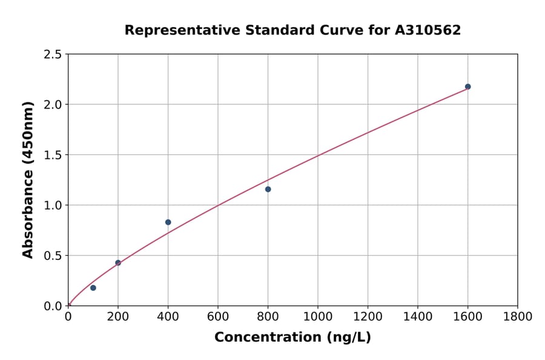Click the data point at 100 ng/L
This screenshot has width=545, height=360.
click(x=93, y=288)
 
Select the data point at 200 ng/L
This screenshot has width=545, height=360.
click(x=118, y=263)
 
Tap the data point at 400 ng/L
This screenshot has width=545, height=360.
click(x=168, y=222)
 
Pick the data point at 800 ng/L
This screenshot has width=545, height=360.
click(x=268, y=189)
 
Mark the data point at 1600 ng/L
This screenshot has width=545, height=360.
click(x=467, y=87)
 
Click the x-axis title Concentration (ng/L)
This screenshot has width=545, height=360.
click(x=292, y=338)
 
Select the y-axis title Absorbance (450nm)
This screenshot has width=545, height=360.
click(x=28, y=179)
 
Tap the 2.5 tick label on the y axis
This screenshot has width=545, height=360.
click(x=53, y=55)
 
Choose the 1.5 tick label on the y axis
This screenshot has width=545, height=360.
click(x=53, y=155)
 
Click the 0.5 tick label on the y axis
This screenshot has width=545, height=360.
click(x=53, y=256)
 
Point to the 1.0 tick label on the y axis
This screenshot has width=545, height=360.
click(x=53, y=205)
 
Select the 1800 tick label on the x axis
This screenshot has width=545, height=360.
click(x=517, y=316)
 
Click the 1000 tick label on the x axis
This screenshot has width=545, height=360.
click(x=318, y=316)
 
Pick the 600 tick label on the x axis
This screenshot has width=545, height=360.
click(x=218, y=316)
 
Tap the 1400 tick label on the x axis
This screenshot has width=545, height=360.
click(x=418, y=316)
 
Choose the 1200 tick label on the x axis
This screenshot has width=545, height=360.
click(x=368, y=316)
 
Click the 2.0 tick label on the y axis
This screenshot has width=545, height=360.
click(x=53, y=105)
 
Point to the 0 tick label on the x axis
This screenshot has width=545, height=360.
click(x=68, y=316)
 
